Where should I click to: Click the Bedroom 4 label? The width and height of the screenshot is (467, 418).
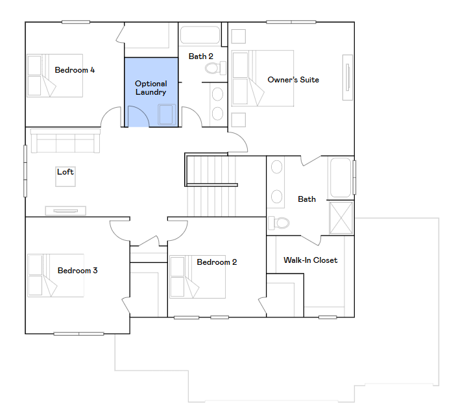click(x=75, y=70)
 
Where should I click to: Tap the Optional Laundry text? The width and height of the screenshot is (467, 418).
click(x=150, y=88)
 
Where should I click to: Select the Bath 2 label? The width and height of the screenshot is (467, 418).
click(x=200, y=56)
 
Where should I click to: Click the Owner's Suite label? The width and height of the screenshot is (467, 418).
click(x=293, y=80)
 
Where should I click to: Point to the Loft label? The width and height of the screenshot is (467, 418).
click(x=66, y=172)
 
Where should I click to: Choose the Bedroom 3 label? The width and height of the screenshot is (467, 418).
click(x=77, y=271)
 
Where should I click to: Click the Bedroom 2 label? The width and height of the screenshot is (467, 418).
click(x=217, y=262)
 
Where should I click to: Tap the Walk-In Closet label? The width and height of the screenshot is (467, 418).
click(x=310, y=260)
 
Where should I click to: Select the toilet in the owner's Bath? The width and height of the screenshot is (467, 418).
click(x=280, y=223)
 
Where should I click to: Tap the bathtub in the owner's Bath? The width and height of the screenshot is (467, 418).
click(x=341, y=177)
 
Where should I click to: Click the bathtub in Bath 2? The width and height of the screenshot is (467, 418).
click(x=200, y=34)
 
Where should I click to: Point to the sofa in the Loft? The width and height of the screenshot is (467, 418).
click(x=65, y=141)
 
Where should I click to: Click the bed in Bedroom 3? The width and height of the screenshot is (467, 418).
click(x=56, y=275)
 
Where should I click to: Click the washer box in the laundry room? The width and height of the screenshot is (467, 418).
click(x=166, y=115)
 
